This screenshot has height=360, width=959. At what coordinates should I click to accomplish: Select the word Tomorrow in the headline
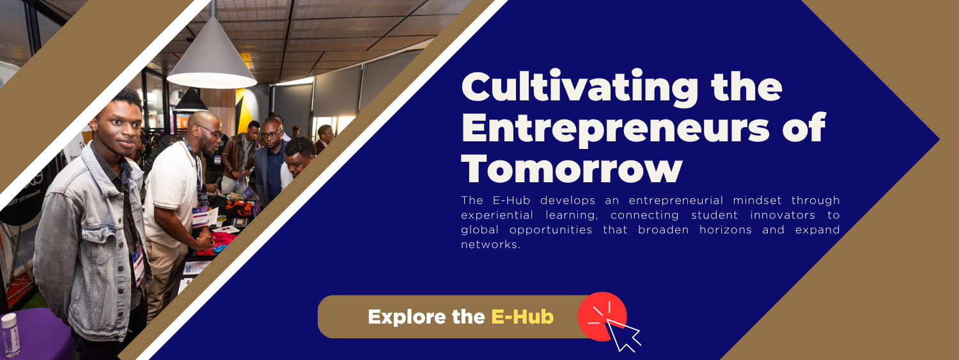tap(572, 168)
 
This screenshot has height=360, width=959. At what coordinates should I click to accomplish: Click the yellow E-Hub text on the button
tap(522, 317)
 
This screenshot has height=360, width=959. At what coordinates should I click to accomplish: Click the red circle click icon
tap(602, 317)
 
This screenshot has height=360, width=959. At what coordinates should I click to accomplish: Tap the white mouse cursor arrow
tap(623, 335)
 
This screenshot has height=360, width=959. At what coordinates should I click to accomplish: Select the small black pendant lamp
tap(191, 100)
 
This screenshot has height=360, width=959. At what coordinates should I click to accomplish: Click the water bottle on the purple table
tap(10, 335)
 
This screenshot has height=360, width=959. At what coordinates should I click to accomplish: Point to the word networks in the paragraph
tap(490, 244)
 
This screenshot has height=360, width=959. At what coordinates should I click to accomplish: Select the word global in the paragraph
tap(480, 230)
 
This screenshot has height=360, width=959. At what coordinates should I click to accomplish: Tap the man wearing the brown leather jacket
tap(240, 159)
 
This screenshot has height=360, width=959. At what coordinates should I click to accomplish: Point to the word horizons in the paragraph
tap(725, 230)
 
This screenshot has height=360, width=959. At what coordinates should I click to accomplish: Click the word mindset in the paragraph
tap(758, 200)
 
